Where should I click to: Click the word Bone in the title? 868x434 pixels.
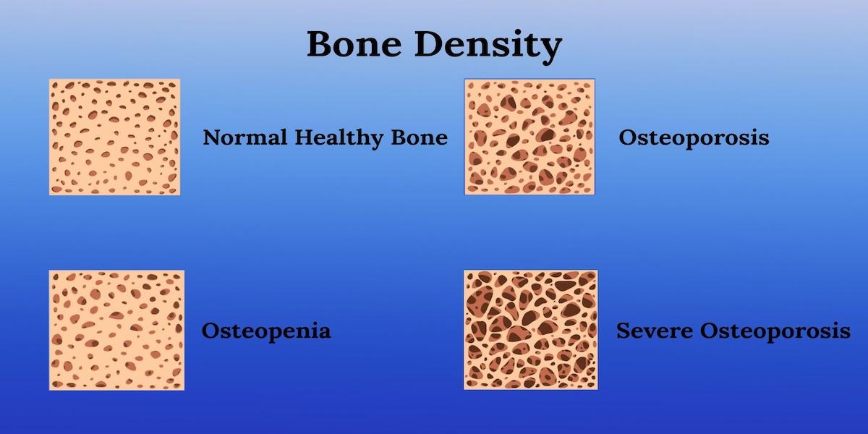click(x=354, y=44)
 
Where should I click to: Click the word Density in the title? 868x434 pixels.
click(x=488, y=46)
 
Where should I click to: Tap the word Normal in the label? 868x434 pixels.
click(x=245, y=137)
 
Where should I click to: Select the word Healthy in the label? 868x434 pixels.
click(x=339, y=138)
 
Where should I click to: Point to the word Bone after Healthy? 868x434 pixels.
click(x=420, y=137)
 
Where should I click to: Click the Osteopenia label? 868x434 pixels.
click(x=266, y=331)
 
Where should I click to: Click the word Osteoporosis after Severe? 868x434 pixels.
click(x=775, y=332)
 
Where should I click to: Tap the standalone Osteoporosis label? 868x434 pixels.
click(x=694, y=137)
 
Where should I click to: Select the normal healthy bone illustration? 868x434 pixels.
click(x=115, y=137)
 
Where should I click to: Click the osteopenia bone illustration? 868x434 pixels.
click(x=116, y=330)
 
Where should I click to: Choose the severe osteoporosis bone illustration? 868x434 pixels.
click(x=530, y=330)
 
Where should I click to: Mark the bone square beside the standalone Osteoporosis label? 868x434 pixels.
click(x=529, y=137)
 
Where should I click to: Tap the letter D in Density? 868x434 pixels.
click(x=431, y=44)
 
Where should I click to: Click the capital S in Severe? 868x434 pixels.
click(x=624, y=331)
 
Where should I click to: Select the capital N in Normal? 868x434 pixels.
click(x=213, y=137)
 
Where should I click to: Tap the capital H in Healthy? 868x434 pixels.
click(x=305, y=137)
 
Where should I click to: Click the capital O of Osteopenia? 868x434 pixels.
click(x=210, y=331)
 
